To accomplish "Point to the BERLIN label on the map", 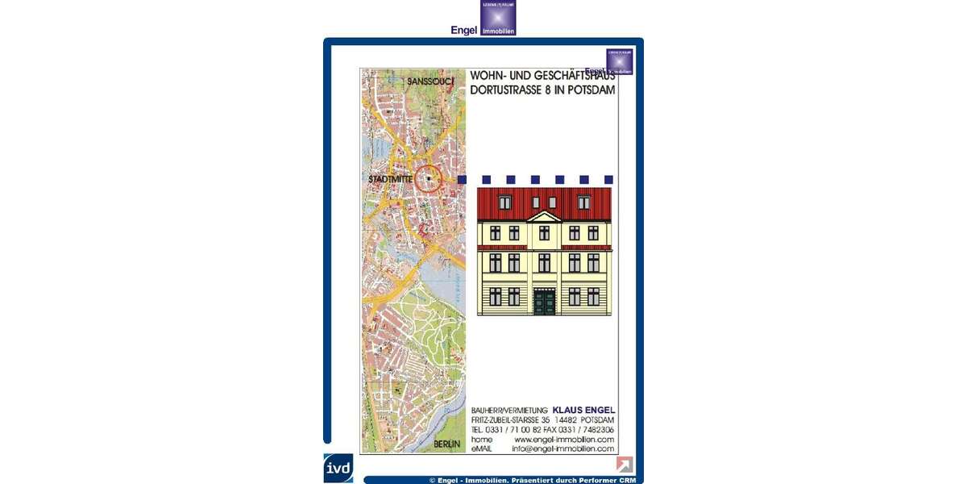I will click(x=446, y=444).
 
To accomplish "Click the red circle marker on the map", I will click(x=429, y=178).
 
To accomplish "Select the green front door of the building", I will click(x=545, y=302).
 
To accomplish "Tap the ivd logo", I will click(x=338, y=468).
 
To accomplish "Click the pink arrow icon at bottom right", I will click(x=625, y=464).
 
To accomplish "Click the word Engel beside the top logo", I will click(x=463, y=30).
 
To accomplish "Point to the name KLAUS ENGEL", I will click(x=583, y=410).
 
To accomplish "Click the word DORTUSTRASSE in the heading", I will click(x=505, y=90).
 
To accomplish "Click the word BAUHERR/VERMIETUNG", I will click(x=509, y=411).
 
